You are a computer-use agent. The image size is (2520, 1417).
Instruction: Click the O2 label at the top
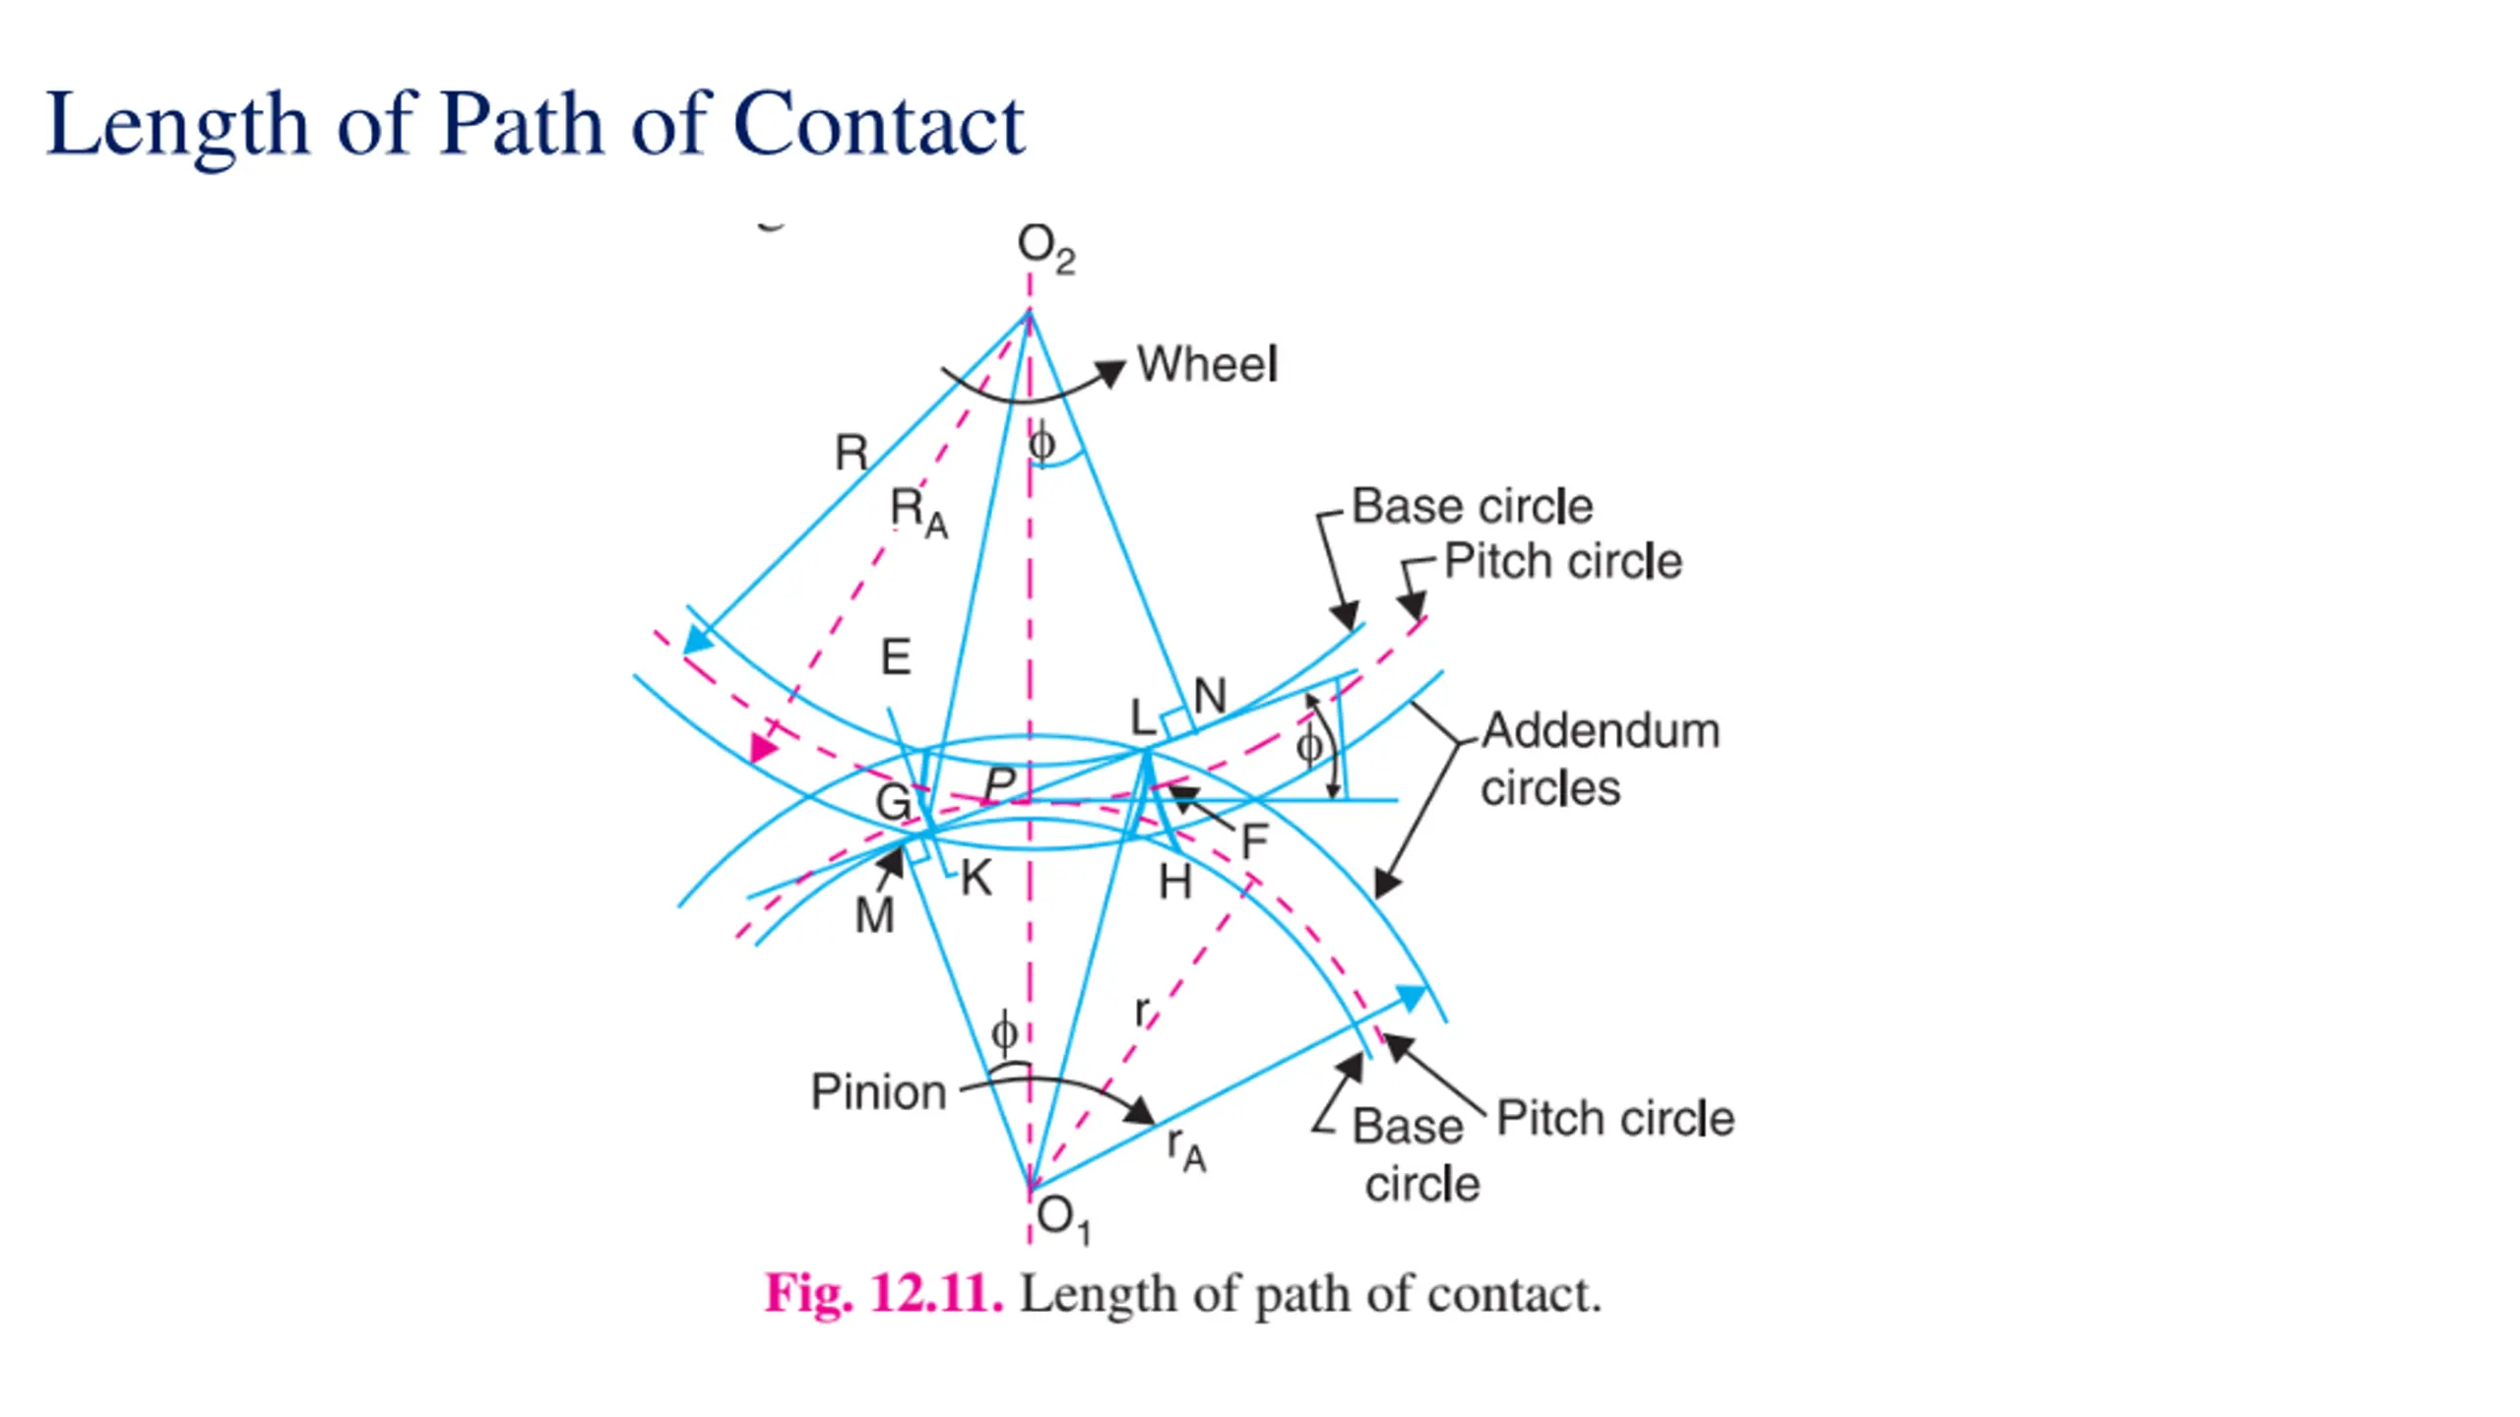coord(1044,248)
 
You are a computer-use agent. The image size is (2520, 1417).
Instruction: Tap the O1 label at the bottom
coord(1063,1220)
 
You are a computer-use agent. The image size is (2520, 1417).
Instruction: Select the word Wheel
coord(1207,364)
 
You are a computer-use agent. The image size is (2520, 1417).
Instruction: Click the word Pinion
coord(878,1092)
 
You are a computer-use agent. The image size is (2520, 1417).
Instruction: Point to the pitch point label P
coord(999,784)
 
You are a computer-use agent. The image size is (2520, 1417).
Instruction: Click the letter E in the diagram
coord(896,657)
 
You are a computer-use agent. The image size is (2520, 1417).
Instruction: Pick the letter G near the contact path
coord(893,802)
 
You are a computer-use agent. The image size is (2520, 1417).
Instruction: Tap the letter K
coord(976,879)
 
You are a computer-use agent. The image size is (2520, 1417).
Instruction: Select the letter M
coord(874,917)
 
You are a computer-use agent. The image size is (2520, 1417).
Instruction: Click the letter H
coord(1175,883)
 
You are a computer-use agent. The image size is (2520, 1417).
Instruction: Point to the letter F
coord(1254,842)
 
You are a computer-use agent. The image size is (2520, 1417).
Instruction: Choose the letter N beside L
coord(1210,697)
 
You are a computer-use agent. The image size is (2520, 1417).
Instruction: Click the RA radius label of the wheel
coord(918,514)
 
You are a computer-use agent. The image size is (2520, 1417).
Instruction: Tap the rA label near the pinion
coord(1186,1149)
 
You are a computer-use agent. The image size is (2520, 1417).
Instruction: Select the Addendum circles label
coord(1600,759)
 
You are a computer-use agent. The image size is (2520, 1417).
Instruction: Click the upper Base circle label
coord(1472,507)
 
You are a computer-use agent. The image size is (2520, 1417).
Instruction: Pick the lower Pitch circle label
coord(1614,1119)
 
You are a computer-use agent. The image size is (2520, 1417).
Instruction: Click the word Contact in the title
coord(879,125)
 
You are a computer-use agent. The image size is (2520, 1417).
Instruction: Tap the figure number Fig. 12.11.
coord(884,1293)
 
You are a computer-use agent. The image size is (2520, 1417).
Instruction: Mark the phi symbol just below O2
coord(1041,445)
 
